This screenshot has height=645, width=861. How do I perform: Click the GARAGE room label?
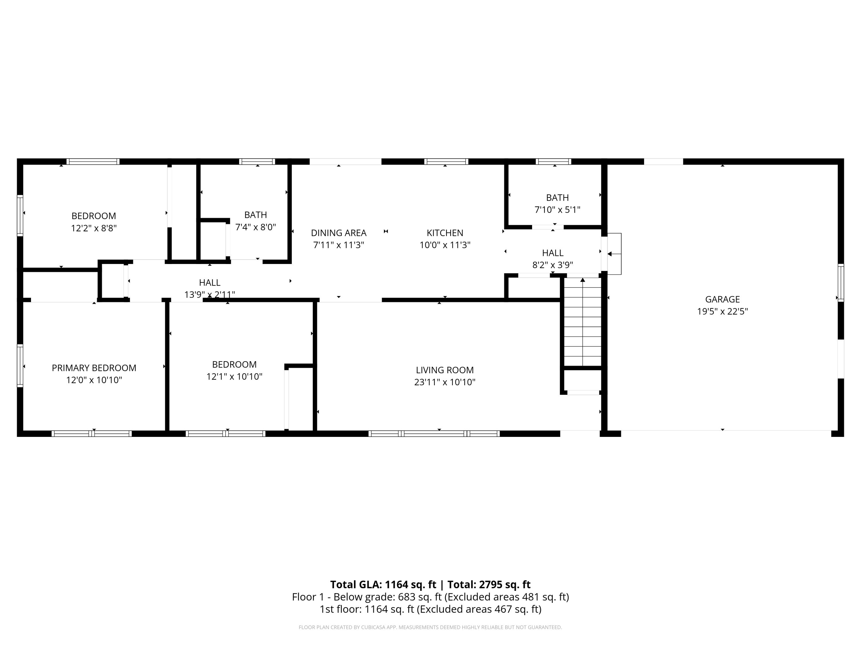point(722,299)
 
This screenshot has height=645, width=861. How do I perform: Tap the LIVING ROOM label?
point(445,370)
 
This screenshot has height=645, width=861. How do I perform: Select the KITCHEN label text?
point(445,233)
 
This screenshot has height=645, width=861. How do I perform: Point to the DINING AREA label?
point(338,233)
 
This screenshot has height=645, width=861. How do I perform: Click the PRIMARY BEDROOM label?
point(94,368)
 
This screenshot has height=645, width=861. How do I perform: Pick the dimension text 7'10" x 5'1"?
point(557,210)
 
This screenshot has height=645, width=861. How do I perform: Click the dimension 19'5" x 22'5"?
point(722,311)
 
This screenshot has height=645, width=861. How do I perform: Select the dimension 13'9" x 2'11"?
point(210,295)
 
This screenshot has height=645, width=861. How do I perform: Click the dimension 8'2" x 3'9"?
point(552,265)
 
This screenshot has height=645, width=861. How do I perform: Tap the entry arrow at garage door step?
point(610,254)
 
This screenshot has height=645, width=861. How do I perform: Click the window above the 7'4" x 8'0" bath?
point(257,162)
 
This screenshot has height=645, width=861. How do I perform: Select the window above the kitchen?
point(446,162)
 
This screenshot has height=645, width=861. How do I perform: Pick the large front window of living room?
point(434,433)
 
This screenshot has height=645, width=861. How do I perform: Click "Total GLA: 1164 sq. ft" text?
point(383,584)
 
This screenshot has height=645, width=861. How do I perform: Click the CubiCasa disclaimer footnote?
point(430,627)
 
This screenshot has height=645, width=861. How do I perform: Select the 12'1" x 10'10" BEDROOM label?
point(234,364)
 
